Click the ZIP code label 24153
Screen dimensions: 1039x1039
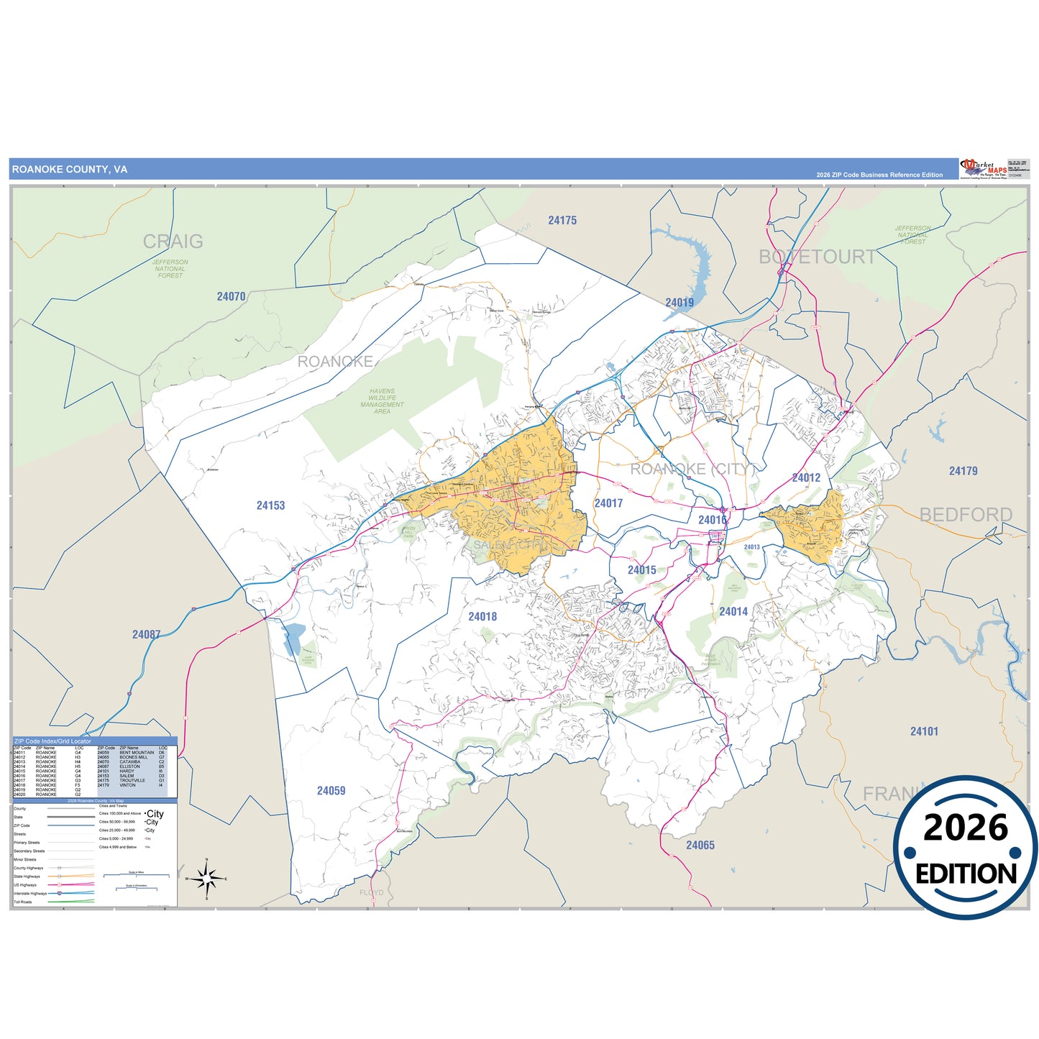pos(270,505)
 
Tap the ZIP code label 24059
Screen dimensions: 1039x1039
pos(331,791)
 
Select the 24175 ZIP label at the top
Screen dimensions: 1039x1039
pos(562,221)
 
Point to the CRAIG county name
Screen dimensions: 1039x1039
pos(173,242)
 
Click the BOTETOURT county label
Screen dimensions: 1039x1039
pos(818,257)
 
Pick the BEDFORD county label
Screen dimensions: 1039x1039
pos(966,515)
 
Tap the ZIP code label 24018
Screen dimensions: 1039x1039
pos(482,617)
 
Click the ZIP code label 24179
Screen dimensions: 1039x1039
pos(963,471)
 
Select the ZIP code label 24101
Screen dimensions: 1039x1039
pos(924,731)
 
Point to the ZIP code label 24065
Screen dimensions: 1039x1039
pos(700,846)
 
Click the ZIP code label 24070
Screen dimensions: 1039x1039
pos(231,296)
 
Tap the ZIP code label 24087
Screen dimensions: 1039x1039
pos(146,634)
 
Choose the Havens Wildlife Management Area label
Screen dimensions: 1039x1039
pos(382,401)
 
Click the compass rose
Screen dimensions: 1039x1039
pos(206,879)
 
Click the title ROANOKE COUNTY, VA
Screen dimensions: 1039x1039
pos(70,170)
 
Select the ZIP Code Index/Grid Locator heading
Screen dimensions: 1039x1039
pos(52,741)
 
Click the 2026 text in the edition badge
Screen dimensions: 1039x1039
pos(965,828)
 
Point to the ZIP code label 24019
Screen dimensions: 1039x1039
pos(679,303)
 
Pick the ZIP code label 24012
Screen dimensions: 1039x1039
pos(806,478)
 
